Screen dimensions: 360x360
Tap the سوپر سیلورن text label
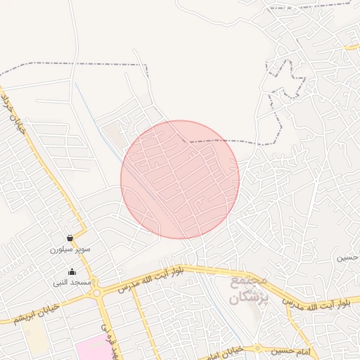70,249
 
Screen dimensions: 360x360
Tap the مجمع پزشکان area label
249,289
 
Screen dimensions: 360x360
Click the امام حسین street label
294,349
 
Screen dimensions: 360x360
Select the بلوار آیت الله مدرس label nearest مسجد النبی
150,278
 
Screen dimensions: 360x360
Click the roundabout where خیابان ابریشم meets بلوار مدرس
97,291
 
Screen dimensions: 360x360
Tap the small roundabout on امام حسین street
257,348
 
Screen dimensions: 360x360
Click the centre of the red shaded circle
180,179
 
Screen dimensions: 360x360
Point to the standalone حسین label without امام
347,257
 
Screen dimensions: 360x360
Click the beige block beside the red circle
113,135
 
